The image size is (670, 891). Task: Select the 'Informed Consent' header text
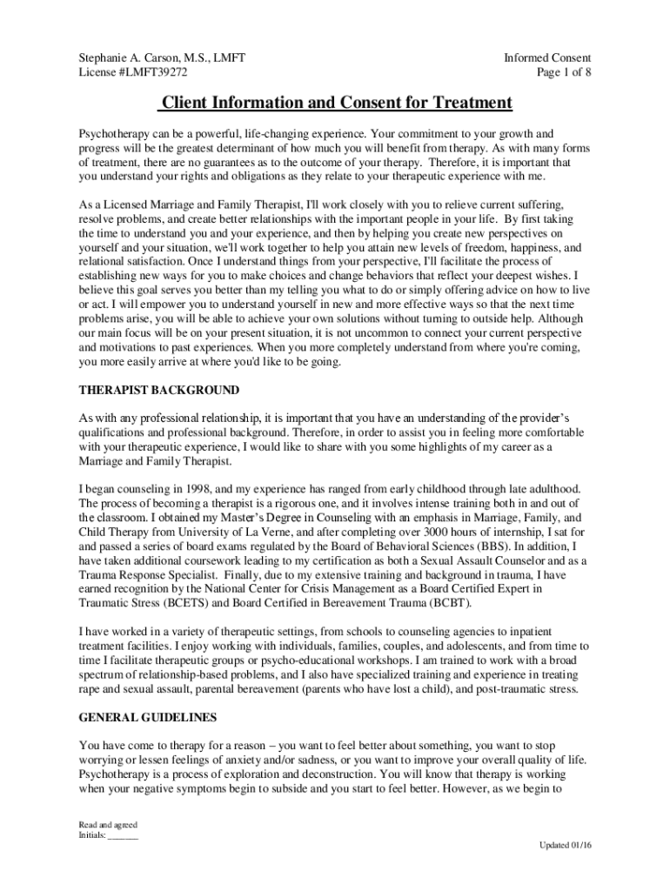click(547, 58)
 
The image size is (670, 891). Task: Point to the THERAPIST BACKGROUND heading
click(158, 390)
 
